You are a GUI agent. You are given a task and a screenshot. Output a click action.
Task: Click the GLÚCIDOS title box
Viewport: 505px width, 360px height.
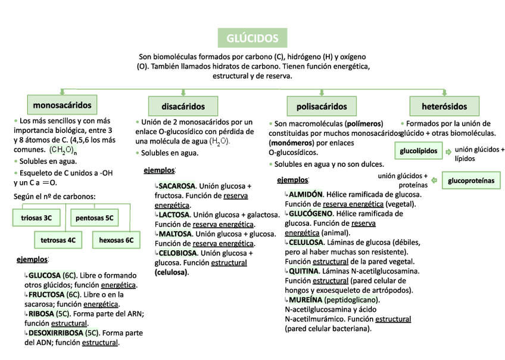(x=252, y=38)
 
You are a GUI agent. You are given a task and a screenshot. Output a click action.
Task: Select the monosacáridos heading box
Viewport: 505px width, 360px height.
(x=62, y=105)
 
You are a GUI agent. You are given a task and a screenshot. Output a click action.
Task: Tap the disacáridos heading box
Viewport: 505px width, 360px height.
(x=183, y=107)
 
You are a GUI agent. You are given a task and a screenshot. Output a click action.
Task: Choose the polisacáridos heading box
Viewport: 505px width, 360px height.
(x=322, y=107)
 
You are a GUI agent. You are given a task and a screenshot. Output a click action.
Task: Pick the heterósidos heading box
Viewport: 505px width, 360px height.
(x=444, y=107)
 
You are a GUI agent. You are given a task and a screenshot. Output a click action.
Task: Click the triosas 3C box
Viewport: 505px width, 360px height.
(x=36, y=218)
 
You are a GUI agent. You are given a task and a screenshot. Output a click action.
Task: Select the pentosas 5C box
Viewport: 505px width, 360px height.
(x=94, y=218)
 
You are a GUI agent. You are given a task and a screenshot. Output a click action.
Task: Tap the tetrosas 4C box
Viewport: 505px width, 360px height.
(x=58, y=241)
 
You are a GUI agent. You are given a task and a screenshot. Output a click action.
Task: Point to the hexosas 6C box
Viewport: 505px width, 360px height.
(x=116, y=241)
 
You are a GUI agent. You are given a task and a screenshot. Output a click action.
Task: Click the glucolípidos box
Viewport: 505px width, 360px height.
(x=419, y=151)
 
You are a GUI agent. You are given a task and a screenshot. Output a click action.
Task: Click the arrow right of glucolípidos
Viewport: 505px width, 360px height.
(x=448, y=152)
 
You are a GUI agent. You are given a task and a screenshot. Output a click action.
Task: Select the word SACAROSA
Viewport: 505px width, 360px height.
(x=176, y=186)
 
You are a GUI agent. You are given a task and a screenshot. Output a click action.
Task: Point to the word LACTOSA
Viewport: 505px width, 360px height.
(x=174, y=215)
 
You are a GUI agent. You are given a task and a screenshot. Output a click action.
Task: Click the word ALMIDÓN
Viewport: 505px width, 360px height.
(x=306, y=194)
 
